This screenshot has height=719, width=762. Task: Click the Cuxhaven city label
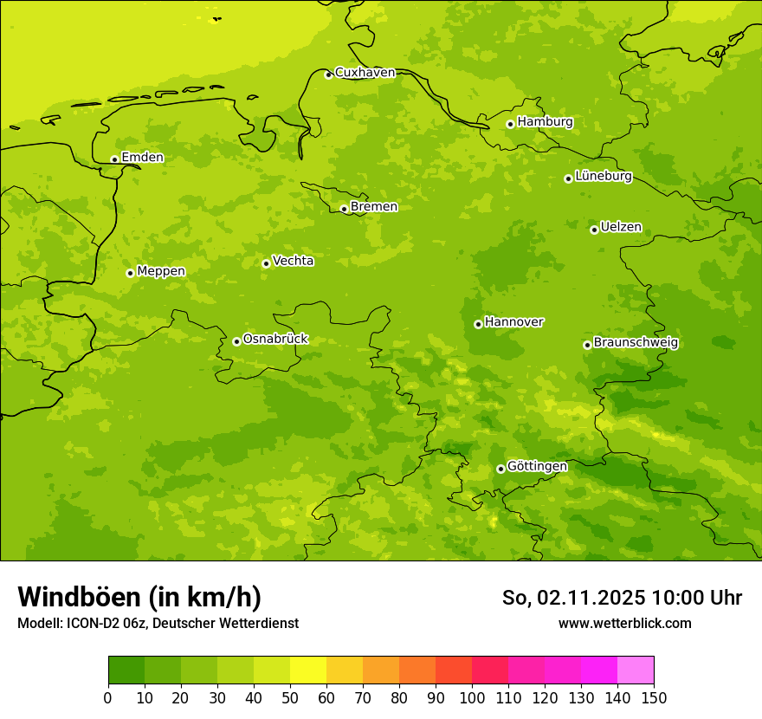pyautogui.click(x=365, y=73)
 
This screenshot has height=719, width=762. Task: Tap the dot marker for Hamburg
pyautogui.click(x=510, y=124)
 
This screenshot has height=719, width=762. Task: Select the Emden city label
pyautogui.click(x=142, y=158)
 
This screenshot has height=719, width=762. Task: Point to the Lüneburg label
pyautogui.click(x=603, y=177)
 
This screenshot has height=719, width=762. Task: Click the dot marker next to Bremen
pyautogui.click(x=344, y=209)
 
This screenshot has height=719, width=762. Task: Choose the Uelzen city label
pyautogui.click(x=621, y=228)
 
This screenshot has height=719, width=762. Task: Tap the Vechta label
pyautogui.click(x=293, y=261)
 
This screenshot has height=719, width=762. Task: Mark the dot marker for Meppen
pyautogui.click(x=130, y=273)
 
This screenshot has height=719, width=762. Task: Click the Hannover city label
pyautogui.click(x=513, y=322)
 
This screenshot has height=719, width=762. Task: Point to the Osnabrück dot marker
pyautogui.click(x=236, y=341)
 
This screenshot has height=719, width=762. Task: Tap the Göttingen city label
pyautogui.click(x=537, y=467)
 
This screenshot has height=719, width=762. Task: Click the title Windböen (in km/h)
pyautogui.click(x=139, y=597)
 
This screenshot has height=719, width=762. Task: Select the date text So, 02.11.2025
pyautogui.click(x=574, y=598)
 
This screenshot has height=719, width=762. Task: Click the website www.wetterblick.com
pyautogui.click(x=624, y=624)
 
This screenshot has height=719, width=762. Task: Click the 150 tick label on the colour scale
pyautogui.click(x=654, y=697)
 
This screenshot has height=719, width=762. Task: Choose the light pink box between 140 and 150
pyautogui.click(x=636, y=670)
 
